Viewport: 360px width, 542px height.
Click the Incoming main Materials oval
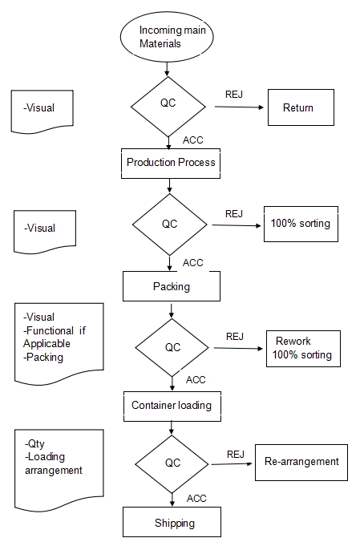tap(167, 37)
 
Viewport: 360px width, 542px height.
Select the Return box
tap(301, 107)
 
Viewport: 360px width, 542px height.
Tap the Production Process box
tap(171, 164)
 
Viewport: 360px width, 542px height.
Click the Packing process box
tap(172, 286)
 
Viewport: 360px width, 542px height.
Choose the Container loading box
tap(172, 406)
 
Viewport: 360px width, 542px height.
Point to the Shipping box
tap(172, 522)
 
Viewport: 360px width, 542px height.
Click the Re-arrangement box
tap(301, 463)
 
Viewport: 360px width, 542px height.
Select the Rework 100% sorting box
tap(303, 349)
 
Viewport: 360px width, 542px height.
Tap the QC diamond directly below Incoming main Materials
tap(168, 107)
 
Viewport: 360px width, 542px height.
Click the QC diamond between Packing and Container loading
tap(172, 347)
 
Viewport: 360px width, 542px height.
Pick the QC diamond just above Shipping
tap(172, 464)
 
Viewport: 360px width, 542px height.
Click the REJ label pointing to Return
tap(234, 95)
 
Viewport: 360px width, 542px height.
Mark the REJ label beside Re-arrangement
tap(236, 454)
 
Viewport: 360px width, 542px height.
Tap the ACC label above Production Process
tap(193, 140)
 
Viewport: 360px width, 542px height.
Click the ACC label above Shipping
tap(196, 499)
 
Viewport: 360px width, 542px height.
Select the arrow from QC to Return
tap(239, 107)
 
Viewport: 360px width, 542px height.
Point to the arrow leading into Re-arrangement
tap(232, 464)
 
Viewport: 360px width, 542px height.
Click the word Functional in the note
tap(50, 330)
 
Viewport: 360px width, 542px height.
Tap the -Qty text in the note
tap(34, 444)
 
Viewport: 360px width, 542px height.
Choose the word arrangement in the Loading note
tap(54, 471)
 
